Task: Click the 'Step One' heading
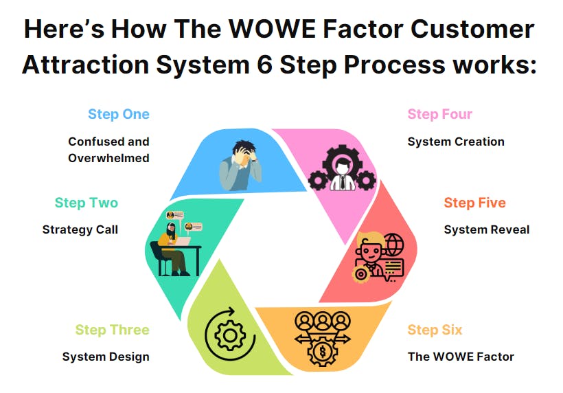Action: [x=119, y=114]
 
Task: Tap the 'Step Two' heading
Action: [x=87, y=203]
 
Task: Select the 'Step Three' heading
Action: [x=113, y=330]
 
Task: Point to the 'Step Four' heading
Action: [x=440, y=114]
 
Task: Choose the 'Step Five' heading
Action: [x=474, y=203]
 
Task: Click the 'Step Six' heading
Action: [x=435, y=330]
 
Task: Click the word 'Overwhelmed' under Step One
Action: [x=108, y=158]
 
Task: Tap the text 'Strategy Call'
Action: [x=80, y=229]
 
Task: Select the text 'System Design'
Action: [x=106, y=357]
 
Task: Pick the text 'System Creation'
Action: [x=456, y=142]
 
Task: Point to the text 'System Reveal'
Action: [x=487, y=229]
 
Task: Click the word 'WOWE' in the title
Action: [x=273, y=29]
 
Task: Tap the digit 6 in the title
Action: [x=264, y=65]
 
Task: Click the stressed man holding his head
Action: [x=240, y=165]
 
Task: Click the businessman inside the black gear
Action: [x=342, y=175]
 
